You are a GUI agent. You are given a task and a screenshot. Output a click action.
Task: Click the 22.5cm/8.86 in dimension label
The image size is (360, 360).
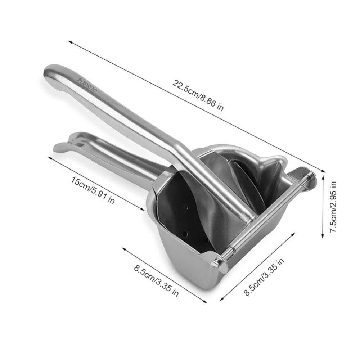pyautogui.click(x=198, y=95)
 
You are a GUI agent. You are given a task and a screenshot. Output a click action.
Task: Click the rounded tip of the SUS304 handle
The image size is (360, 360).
pyautogui.click(x=49, y=71)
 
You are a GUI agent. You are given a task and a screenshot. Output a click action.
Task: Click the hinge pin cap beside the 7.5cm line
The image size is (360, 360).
pyautogui.click(x=311, y=177)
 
